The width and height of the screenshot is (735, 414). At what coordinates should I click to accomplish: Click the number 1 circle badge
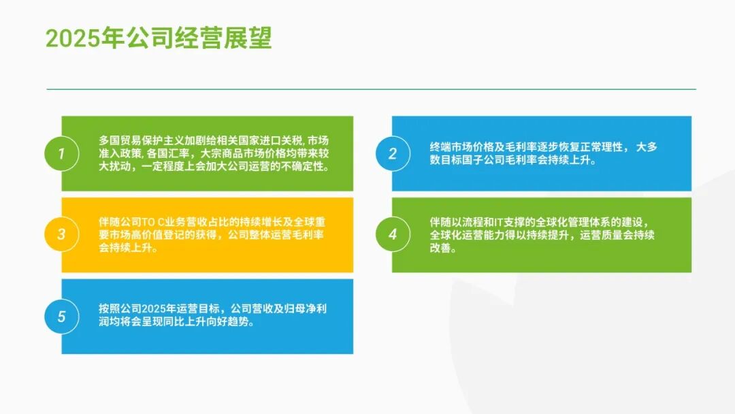61,153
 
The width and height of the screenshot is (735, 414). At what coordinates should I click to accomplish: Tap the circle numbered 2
392,153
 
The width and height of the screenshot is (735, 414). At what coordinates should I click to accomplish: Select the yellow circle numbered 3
61,235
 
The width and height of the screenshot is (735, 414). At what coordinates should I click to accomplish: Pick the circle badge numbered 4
392,235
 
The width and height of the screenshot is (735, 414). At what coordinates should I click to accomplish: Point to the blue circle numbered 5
61,317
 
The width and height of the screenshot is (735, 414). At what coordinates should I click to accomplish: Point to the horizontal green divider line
371,89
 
